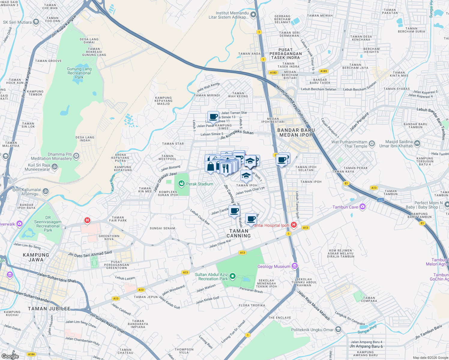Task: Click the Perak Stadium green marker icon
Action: point(181,184)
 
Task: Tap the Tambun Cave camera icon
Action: point(362,207)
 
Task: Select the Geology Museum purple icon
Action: point(294,266)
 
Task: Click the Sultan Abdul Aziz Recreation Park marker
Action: point(232,276)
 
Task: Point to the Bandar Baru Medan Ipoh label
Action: point(296,133)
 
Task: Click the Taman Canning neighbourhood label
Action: point(239,233)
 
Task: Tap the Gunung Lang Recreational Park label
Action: point(79,73)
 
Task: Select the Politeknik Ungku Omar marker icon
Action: point(338,329)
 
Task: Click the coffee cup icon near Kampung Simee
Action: point(213,117)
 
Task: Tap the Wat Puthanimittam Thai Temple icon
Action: point(372,144)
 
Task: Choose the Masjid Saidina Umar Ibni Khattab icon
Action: point(417,143)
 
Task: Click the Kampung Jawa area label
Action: point(36,257)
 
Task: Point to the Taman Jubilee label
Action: point(49,309)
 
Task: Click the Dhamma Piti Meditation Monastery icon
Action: point(77,156)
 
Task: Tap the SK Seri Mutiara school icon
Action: point(36,22)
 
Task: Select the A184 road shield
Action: point(31,354)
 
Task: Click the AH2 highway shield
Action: point(381,200)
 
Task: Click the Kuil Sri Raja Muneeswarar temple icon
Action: point(55,167)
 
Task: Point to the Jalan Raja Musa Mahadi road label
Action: point(314,305)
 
